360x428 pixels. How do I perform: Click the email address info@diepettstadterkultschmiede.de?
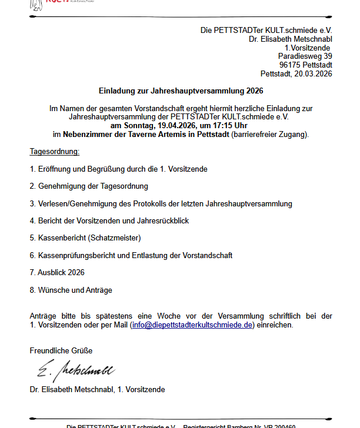(192, 325)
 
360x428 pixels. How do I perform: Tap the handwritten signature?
(76, 370)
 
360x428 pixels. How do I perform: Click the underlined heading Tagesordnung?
(54, 152)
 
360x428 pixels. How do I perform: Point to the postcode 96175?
(291, 65)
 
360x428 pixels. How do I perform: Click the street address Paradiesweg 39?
(305, 56)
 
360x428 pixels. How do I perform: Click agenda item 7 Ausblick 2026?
(57, 273)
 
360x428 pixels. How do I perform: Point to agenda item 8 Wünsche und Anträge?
(71, 290)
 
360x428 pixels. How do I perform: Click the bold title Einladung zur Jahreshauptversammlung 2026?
(181, 91)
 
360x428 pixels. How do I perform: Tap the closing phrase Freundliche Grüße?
(61, 351)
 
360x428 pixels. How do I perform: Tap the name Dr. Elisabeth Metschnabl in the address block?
(291, 39)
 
